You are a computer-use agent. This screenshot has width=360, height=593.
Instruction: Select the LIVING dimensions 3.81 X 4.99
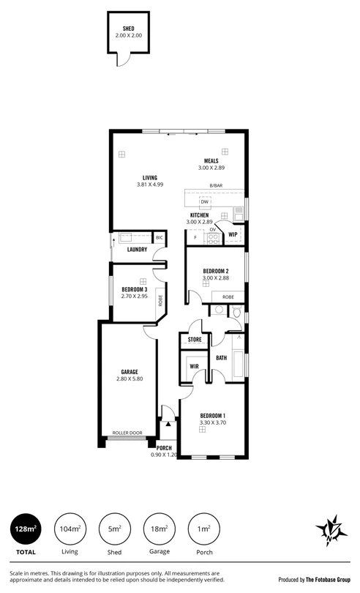pos(149,184)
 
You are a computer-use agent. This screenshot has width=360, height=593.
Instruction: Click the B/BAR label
pos(215,186)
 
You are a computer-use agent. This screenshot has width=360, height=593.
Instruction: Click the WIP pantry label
pos(233,235)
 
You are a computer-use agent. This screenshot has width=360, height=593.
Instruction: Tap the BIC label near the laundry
pos(159,238)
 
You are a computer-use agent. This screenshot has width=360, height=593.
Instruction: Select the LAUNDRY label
pos(138,250)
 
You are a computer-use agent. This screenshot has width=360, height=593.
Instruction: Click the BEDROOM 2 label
pos(216,271)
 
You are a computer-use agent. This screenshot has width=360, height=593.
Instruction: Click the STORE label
pos(195,340)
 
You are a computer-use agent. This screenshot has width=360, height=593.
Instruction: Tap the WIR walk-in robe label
pos(195,366)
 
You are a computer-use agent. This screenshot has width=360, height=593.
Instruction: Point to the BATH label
pos(221,357)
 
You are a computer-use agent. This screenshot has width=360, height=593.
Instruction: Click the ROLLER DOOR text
pos(126,433)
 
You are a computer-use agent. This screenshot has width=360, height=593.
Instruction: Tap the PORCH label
pos(164,448)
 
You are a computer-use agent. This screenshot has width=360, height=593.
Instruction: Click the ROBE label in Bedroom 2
pos(228,296)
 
